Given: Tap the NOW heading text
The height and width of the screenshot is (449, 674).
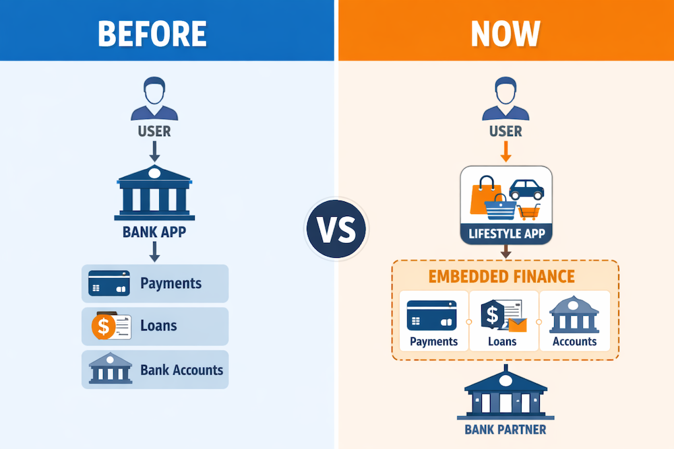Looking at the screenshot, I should [x=506, y=32].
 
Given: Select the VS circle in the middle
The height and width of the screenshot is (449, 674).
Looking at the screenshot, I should [x=336, y=228].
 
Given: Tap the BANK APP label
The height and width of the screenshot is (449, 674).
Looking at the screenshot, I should [x=155, y=233].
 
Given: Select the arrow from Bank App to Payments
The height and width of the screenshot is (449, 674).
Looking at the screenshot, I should [x=154, y=252].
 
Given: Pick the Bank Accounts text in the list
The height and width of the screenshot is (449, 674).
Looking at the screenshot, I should [x=181, y=370].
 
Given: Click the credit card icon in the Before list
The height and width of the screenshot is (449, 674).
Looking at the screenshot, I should [x=109, y=283].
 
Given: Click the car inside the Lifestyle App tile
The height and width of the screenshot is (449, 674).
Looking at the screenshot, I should [x=526, y=189].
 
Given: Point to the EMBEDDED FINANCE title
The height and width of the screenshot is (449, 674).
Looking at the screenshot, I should [x=506, y=276].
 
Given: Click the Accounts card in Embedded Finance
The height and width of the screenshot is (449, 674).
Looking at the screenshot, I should [x=574, y=321].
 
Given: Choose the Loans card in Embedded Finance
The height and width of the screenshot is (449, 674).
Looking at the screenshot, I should [x=503, y=321].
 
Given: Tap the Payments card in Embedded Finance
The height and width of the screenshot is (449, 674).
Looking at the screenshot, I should [x=433, y=321].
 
